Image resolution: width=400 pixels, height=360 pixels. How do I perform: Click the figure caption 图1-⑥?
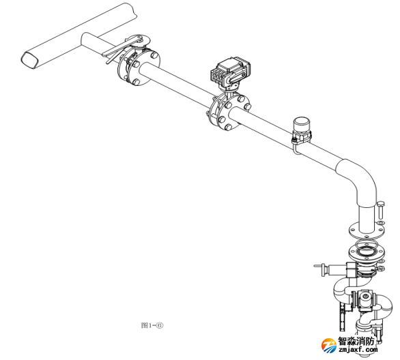[152, 325]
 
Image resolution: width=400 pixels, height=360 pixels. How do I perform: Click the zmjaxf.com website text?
[358, 350]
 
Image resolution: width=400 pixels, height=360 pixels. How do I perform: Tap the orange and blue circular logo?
[329, 346]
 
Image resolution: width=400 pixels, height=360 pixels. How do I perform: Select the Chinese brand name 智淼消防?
[356, 341]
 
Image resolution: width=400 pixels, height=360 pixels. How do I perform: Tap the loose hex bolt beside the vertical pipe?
[381, 210]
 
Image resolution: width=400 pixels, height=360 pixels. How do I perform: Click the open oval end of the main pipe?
[29, 60]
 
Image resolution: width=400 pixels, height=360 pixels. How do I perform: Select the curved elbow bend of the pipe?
[359, 180]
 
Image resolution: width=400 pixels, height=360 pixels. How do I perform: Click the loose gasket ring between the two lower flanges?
[367, 244]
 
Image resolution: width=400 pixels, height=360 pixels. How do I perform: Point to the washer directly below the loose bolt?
[381, 223]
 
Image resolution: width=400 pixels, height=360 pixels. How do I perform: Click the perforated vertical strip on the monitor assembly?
[342, 316]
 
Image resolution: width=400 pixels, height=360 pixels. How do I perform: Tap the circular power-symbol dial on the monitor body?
[366, 297]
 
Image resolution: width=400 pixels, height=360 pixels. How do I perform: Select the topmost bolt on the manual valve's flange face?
[154, 55]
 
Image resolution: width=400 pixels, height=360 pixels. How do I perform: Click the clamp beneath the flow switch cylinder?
[301, 136]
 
